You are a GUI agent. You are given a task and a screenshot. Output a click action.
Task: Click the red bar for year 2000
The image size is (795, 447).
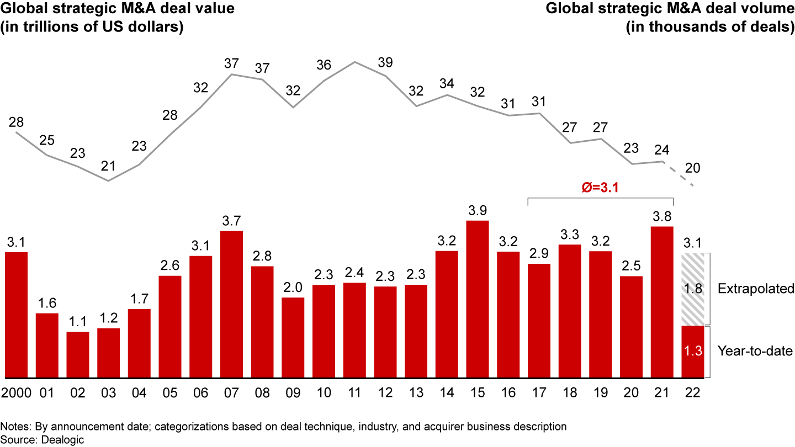(x=16, y=315)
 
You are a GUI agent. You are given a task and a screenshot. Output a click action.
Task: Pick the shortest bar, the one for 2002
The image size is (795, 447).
(x=78, y=355)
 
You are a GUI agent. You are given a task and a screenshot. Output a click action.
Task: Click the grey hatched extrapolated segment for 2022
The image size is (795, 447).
(x=693, y=289)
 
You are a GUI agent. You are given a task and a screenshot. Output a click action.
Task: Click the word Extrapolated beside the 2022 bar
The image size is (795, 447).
(x=755, y=289)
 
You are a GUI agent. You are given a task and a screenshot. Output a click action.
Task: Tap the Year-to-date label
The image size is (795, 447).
(x=755, y=351)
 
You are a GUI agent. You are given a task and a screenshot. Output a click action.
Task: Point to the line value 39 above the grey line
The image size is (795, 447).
(x=386, y=62)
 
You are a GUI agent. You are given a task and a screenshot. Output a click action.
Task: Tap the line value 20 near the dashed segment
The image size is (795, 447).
(x=693, y=168)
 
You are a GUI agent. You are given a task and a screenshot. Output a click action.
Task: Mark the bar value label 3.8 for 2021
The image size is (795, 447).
(x=662, y=216)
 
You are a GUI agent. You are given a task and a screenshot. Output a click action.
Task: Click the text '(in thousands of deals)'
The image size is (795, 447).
(x=710, y=27)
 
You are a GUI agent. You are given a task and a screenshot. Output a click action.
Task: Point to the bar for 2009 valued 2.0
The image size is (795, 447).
(x=293, y=338)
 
